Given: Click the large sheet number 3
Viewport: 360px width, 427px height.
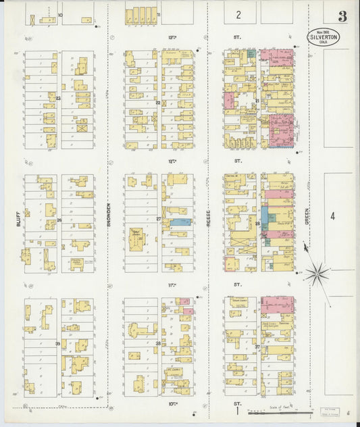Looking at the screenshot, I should point(342,16).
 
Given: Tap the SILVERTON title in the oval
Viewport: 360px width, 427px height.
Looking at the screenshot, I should point(324,37).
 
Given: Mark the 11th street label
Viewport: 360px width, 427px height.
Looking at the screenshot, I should point(173,286).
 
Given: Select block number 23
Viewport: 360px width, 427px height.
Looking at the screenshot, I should point(59,99).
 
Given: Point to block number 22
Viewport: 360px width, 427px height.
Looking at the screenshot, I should point(158,102).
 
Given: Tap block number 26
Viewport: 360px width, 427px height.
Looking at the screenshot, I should point(59,220).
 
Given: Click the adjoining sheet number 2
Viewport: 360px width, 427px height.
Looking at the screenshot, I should point(238,14).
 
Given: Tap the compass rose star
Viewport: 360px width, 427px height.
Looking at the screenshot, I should point(316,274).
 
